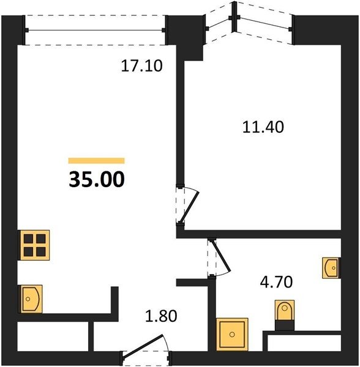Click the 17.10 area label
141,66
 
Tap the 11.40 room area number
263,127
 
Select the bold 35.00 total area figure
97,179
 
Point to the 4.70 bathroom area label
276,282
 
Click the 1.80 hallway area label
161,316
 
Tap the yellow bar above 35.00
97,160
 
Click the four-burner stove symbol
34,245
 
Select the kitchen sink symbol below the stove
31,299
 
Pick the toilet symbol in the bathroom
285,310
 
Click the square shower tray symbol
232,334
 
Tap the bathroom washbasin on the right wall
331,268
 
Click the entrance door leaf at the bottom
143,346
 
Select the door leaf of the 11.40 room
189,207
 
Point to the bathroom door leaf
222,256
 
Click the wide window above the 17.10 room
96,30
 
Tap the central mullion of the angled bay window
233,17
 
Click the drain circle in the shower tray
232,335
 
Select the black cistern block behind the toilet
285,325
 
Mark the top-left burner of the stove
28,239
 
